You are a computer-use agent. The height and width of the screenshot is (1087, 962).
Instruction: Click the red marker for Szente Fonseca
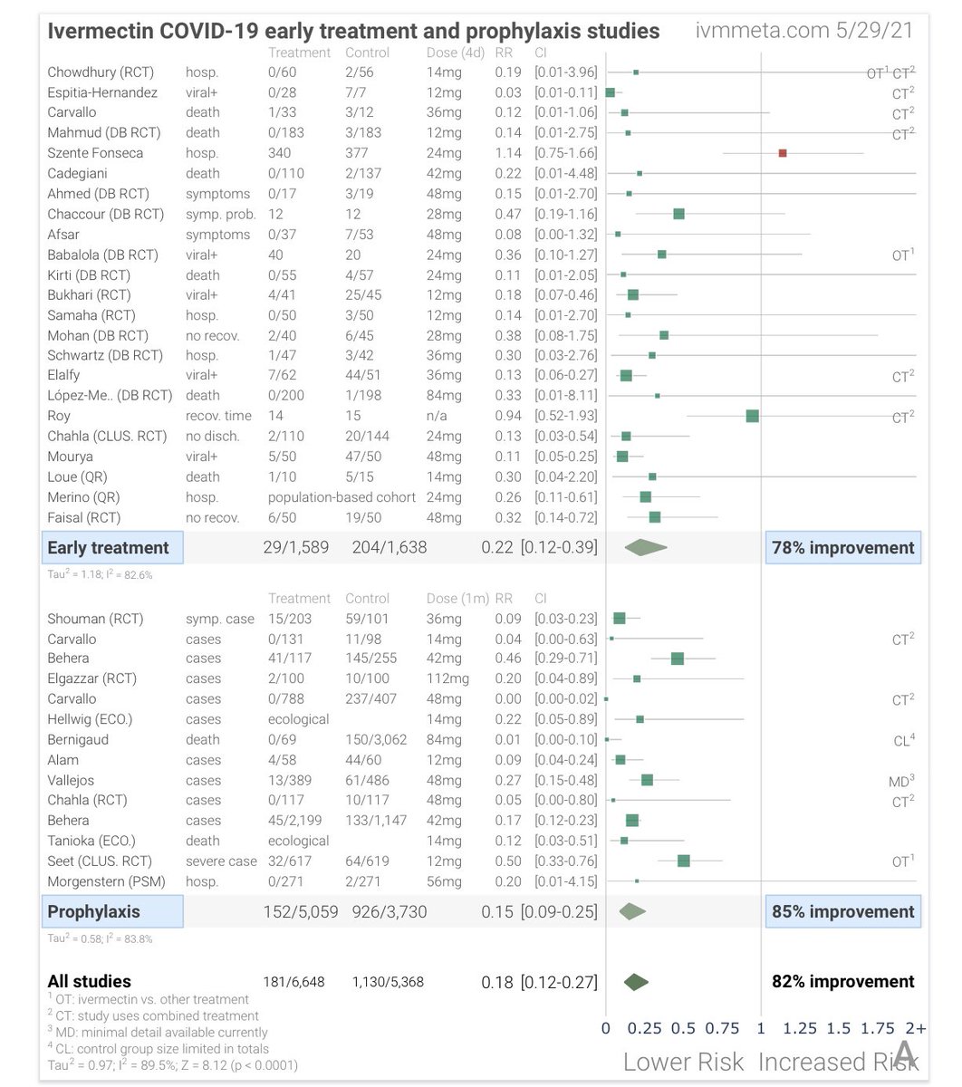(783, 153)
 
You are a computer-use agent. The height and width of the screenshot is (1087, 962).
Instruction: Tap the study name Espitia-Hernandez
(102, 92)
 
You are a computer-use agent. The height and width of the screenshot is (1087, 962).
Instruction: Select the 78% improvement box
(842, 547)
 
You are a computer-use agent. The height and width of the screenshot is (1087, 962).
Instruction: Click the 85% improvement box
(842, 911)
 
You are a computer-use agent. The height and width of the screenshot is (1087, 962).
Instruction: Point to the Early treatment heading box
(112, 547)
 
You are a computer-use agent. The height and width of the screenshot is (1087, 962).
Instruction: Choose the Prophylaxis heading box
(112, 911)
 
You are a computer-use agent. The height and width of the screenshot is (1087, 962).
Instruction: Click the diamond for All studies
(637, 982)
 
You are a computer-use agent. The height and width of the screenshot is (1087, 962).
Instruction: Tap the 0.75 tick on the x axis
(722, 1028)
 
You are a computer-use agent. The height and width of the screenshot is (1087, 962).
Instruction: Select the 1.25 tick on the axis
(800, 1028)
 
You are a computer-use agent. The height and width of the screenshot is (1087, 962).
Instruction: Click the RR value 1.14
(508, 153)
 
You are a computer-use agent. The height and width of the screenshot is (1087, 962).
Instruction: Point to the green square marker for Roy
(752, 416)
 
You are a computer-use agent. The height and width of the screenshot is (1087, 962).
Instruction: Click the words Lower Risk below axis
(683, 1062)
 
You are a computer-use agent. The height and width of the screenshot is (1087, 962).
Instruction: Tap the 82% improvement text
(842, 982)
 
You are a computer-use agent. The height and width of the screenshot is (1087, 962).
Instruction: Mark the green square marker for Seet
(684, 861)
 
